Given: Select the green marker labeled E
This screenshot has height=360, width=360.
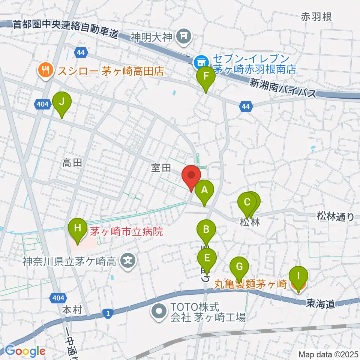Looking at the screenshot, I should (207, 258).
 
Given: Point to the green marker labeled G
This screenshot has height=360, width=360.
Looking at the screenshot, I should (239, 267).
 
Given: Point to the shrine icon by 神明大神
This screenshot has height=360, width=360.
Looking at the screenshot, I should (184, 36).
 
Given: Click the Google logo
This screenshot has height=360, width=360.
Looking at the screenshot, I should (25, 351).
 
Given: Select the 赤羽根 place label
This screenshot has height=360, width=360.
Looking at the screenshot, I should (316, 17).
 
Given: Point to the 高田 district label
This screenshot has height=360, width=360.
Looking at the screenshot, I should (72, 162).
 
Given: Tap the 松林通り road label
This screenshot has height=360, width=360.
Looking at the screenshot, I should (335, 216).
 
